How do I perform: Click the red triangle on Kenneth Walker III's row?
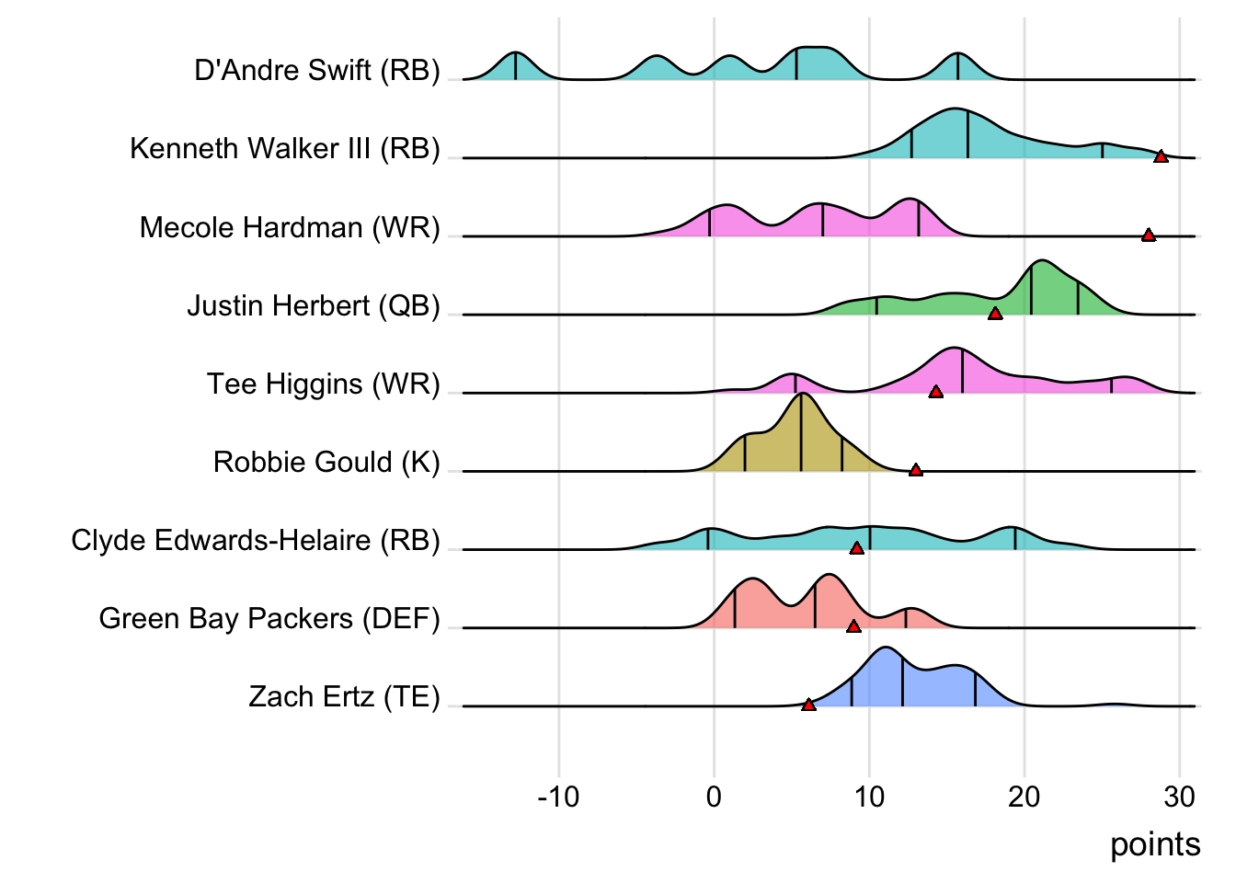1161,157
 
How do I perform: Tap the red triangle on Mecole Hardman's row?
1148,235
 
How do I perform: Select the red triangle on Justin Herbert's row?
994,314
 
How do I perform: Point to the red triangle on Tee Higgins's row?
935,392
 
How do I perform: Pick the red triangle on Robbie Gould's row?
915,470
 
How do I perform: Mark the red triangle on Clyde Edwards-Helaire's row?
856,548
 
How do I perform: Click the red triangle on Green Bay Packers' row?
853,626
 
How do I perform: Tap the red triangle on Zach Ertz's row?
807,705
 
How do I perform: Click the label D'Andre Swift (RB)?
317,70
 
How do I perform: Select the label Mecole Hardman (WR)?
290,227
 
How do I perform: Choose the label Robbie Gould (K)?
326,462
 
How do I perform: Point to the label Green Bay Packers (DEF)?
269,618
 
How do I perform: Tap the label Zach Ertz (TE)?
344,696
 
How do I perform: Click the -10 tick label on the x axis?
558,797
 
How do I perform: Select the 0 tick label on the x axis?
714,797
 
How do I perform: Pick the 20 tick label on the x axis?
1024,797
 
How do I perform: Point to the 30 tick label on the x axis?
1179,797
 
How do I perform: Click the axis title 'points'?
1155,844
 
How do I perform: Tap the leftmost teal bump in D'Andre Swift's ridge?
515,66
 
